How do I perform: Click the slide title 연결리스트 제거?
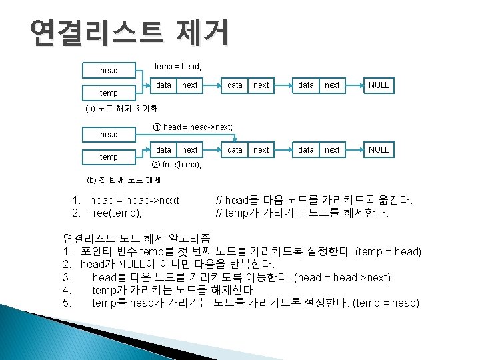point(129,31)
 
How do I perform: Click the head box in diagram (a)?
point(109,70)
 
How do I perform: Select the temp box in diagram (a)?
point(109,93)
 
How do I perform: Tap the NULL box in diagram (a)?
point(378,85)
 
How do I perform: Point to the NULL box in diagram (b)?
point(378,150)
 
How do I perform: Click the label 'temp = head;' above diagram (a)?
point(178,67)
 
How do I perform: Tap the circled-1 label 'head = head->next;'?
point(193,127)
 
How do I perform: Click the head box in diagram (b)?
point(109,135)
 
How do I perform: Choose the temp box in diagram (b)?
point(109,157)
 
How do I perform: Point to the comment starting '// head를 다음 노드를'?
point(315,200)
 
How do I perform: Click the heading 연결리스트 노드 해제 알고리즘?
point(137,238)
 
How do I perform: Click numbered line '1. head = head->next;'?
point(128,200)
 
